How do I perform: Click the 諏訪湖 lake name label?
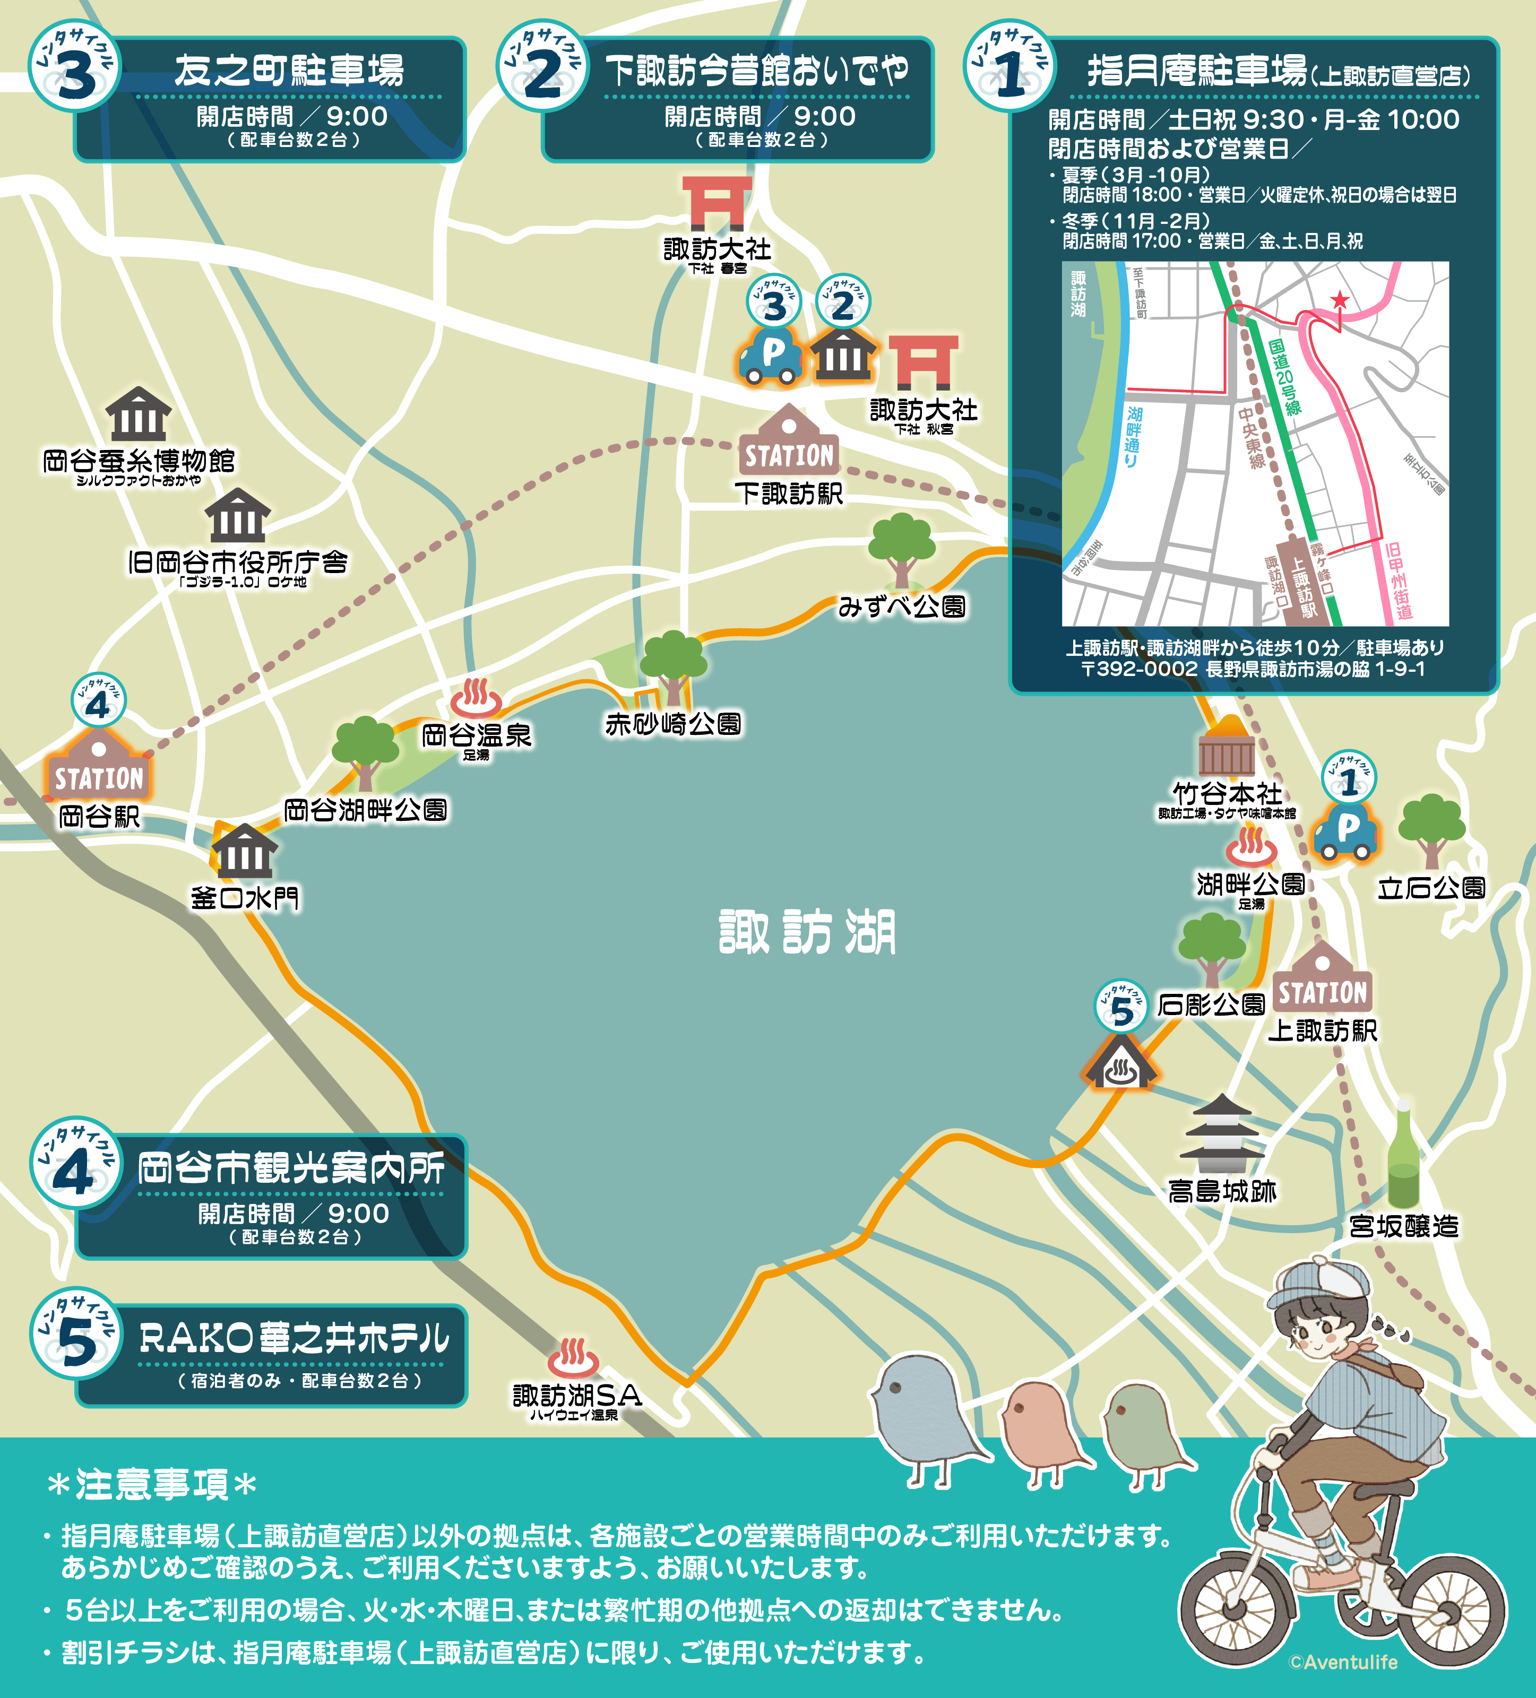[807, 932]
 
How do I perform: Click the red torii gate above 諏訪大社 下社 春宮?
[716, 202]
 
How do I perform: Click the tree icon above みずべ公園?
[902, 548]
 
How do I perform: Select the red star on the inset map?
[1339, 300]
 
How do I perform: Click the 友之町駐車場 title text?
[289, 71]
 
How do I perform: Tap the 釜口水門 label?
[244, 898]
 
